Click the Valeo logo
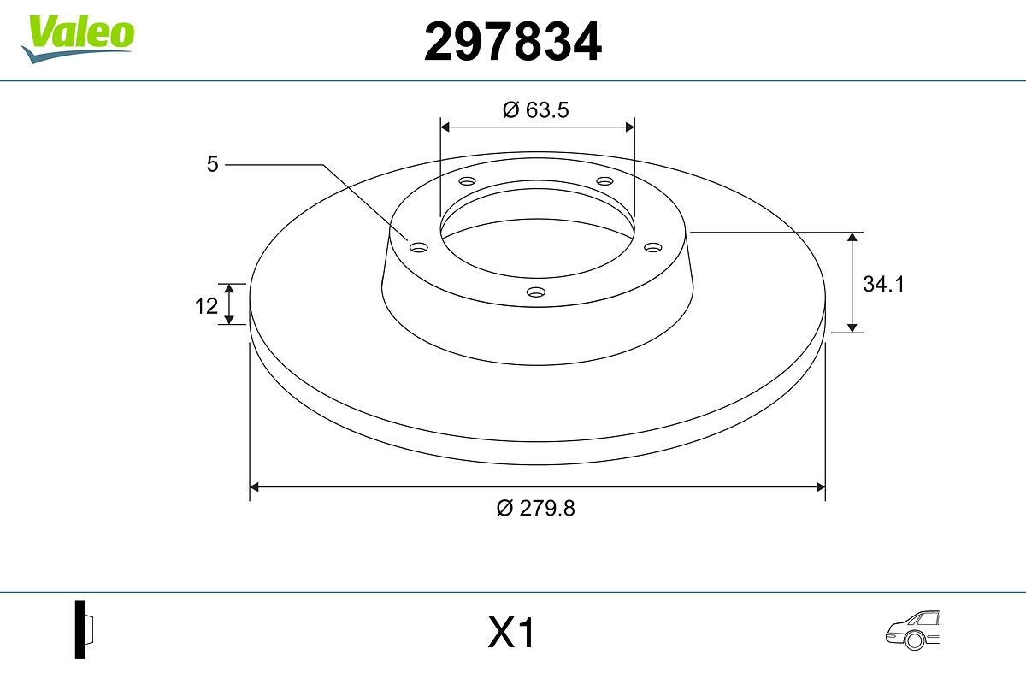click(x=78, y=38)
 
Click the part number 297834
click(x=512, y=42)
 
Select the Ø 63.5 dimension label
click(x=535, y=110)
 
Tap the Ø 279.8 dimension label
click(x=535, y=508)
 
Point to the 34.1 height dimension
click(x=883, y=284)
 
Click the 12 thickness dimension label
click(x=206, y=306)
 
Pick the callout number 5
click(x=213, y=164)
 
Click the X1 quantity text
click(x=511, y=633)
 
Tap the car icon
click(x=912, y=630)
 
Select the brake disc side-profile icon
click(x=85, y=629)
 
